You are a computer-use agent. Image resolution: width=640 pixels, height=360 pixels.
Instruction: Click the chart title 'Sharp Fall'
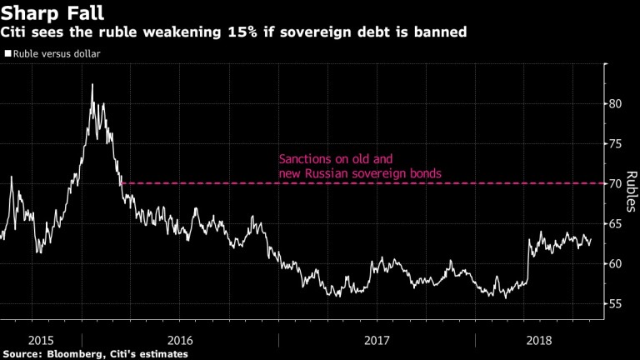(43, 12)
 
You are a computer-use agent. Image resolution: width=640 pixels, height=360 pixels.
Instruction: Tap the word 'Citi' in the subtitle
(17, 32)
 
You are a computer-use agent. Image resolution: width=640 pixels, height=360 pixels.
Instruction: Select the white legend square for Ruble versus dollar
(7, 54)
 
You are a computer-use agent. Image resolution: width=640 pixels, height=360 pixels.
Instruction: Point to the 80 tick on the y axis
(614, 104)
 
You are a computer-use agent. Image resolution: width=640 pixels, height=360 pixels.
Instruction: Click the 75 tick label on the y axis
(614, 144)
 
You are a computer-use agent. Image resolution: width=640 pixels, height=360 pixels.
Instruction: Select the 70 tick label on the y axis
(614, 183)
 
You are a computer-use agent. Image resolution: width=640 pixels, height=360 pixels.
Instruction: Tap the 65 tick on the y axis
(614, 223)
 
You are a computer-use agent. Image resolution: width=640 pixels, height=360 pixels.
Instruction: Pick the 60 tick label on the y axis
(614, 263)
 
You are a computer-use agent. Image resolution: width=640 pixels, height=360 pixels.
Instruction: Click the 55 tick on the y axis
(614, 303)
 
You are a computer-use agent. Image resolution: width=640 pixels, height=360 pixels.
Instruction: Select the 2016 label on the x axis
(180, 339)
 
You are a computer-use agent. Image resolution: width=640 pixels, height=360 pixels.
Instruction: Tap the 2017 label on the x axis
(377, 339)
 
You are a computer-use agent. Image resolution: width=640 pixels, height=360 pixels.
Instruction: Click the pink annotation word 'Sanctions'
(304, 158)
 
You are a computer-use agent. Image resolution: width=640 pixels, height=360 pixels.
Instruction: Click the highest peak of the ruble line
(92, 84)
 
